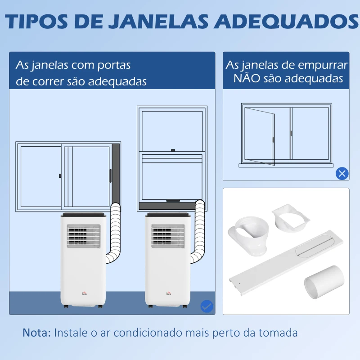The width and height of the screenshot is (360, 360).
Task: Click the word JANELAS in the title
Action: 159,22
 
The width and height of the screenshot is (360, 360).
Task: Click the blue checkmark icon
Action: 207,306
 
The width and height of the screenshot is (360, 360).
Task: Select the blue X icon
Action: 342,173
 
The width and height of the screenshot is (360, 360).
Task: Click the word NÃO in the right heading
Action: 247,79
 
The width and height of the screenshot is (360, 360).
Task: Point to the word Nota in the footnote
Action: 36,333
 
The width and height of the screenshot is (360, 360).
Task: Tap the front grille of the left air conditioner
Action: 83,236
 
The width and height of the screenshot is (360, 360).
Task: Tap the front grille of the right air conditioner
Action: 168,236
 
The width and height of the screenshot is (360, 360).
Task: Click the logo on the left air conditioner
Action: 83,293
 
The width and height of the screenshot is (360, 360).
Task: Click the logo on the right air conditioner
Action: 168,293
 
